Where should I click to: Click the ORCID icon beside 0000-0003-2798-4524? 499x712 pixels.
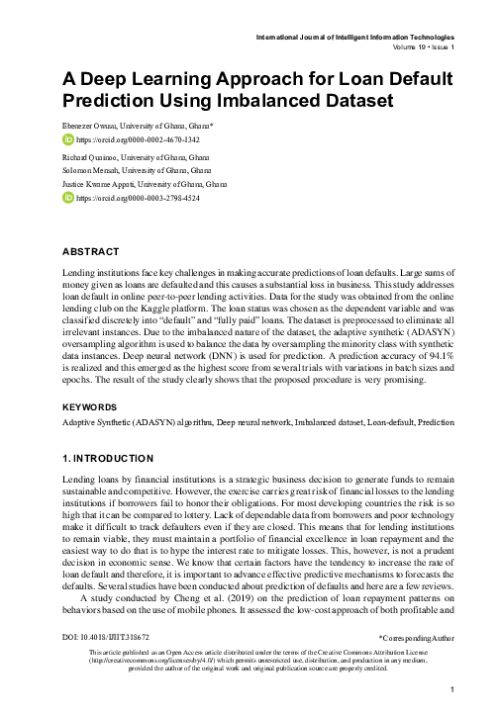[x=68, y=198]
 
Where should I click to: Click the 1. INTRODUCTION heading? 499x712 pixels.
[x=108, y=458]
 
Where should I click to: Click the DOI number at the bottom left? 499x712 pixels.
[x=110, y=639]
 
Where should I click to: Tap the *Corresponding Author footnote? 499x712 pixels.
[x=415, y=640]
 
